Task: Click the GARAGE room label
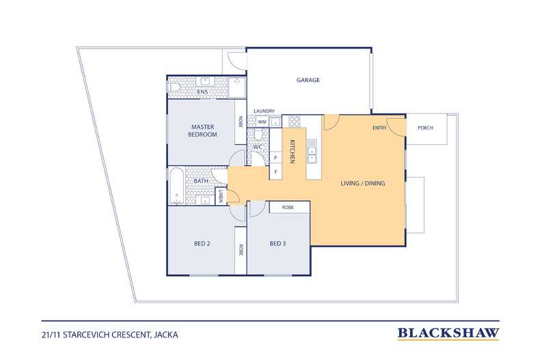pos(308,80)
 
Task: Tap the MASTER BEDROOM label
pos(202,130)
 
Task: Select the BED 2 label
pos(202,244)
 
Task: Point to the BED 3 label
pos(278,244)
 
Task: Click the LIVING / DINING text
pos(363,184)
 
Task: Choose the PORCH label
pos(425,128)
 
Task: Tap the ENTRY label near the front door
pos(379,128)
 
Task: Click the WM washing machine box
pos(262,122)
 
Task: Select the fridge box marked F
pos(275,171)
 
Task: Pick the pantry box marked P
pos(275,158)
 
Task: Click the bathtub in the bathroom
pos(177,186)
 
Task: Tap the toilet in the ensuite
pos(174,87)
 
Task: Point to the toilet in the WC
pos(259,135)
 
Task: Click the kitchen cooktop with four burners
pos(295,121)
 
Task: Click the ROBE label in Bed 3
pos(288,208)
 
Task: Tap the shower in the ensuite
pos(237,87)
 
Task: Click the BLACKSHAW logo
pos(448,333)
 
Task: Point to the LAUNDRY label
pos(264,111)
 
